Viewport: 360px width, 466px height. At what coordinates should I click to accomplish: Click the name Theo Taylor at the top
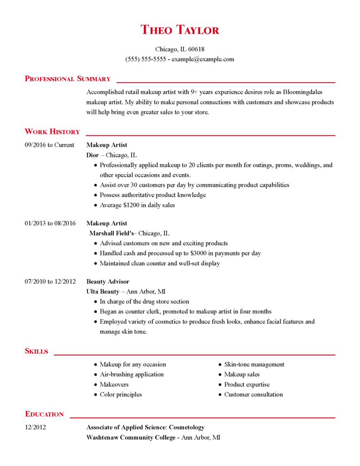(180, 30)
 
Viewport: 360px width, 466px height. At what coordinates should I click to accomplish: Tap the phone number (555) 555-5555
(146, 59)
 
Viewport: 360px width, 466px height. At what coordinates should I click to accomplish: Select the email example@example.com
(203, 59)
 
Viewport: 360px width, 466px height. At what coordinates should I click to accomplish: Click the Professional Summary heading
(68, 79)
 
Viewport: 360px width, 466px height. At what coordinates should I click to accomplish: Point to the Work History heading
(52, 132)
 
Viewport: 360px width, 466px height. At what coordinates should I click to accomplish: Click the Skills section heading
(36, 351)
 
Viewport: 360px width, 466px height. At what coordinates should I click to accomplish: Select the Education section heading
(44, 414)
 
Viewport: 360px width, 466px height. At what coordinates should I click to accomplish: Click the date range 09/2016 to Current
(49, 145)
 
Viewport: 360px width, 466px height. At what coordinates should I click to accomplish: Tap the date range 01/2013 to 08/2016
(50, 223)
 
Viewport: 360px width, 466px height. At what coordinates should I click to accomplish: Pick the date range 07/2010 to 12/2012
(50, 282)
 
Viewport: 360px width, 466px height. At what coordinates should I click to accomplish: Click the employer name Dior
(92, 155)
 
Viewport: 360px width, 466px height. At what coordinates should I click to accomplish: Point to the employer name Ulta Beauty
(103, 292)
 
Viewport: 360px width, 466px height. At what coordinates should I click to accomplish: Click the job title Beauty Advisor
(108, 282)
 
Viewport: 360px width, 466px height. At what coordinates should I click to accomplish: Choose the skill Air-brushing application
(132, 375)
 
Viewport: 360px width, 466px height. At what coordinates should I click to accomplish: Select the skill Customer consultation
(254, 395)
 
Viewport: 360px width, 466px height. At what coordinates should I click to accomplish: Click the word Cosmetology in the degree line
(187, 427)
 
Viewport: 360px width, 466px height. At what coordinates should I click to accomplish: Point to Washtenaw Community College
(131, 437)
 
